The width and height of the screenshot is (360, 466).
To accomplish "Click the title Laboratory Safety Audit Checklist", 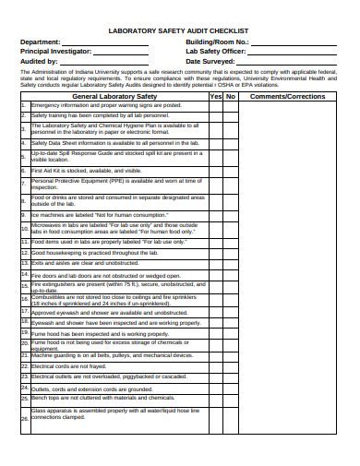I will tap(180, 30).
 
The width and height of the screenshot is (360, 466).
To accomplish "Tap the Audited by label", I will tap(42, 61).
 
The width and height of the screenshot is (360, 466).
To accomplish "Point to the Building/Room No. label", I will tap(218, 42).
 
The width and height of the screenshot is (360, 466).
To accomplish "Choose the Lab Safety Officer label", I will tap(217, 52).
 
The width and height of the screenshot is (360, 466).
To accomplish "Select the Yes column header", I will tap(215, 96).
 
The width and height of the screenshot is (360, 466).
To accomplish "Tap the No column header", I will tap(231, 96).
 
